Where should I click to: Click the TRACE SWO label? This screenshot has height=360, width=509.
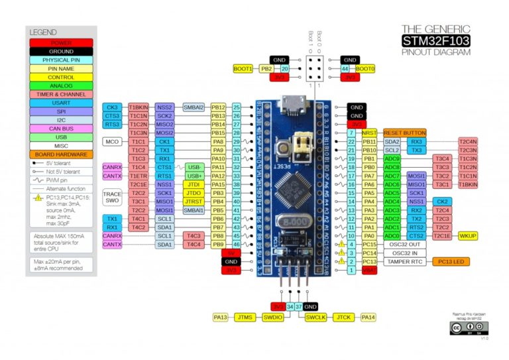point(111,197)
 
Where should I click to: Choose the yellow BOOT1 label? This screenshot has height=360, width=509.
point(243,68)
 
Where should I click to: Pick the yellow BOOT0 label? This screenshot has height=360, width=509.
point(365,68)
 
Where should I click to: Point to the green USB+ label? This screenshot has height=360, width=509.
point(194,176)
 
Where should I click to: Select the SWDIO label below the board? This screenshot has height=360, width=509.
point(272,318)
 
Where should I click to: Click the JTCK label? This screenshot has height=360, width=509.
point(343,318)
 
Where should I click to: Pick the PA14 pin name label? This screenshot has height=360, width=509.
point(368,318)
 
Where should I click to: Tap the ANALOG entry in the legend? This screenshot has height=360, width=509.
point(61,86)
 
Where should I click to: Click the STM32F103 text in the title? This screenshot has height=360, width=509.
point(436,42)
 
